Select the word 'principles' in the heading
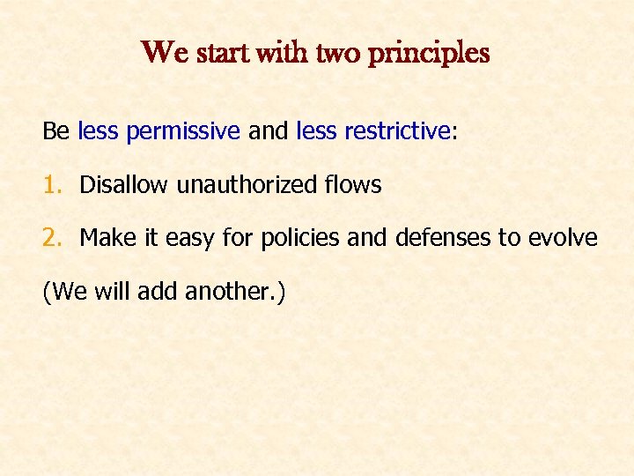coord(429,54)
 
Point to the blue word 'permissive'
coord(183,132)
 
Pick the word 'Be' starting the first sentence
coord(55,132)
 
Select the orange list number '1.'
coord(54,185)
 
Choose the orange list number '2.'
coord(54,238)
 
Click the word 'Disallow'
coord(125,185)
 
